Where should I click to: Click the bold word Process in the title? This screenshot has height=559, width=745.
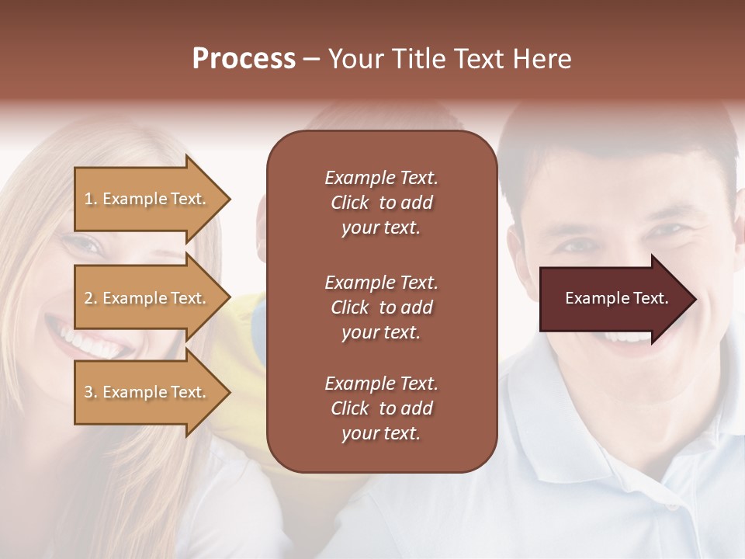coord(244,59)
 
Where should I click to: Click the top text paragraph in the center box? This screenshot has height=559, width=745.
coord(381,203)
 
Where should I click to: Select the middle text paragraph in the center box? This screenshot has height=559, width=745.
coord(381,307)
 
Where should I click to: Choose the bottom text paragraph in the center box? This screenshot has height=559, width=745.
coord(381,408)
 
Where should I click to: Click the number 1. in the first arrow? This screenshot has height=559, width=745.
coord(91,199)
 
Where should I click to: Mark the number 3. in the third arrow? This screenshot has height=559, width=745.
coord(91,392)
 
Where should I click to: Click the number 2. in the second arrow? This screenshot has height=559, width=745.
coord(91,298)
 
